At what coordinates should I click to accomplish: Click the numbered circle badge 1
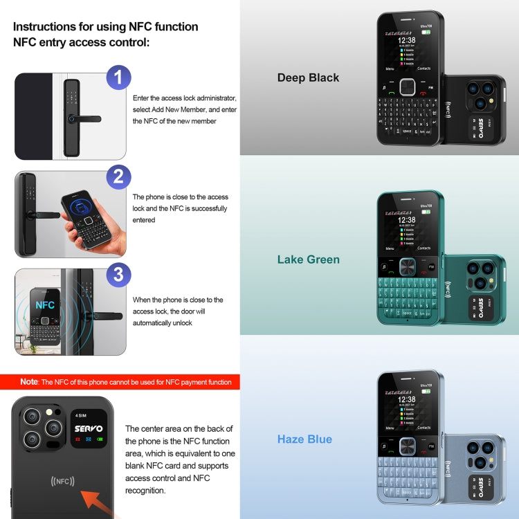click(x=118, y=78)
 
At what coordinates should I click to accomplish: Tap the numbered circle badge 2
click(x=118, y=176)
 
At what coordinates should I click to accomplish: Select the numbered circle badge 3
click(x=118, y=275)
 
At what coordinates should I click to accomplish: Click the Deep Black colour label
click(x=308, y=78)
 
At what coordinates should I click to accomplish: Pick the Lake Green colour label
click(x=308, y=259)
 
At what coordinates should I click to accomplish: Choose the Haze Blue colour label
click(x=304, y=439)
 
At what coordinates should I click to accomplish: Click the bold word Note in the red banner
click(x=29, y=382)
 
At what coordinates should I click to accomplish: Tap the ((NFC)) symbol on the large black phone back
click(x=63, y=481)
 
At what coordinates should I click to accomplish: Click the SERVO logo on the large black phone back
click(x=88, y=428)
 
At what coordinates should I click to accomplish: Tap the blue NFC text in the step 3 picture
click(x=45, y=304)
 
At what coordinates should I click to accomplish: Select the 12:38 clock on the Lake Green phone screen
click(x=407, y=220)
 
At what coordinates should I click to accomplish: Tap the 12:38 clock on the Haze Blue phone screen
click(x=407, y=399)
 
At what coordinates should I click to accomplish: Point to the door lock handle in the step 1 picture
click(x=86, y=118)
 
